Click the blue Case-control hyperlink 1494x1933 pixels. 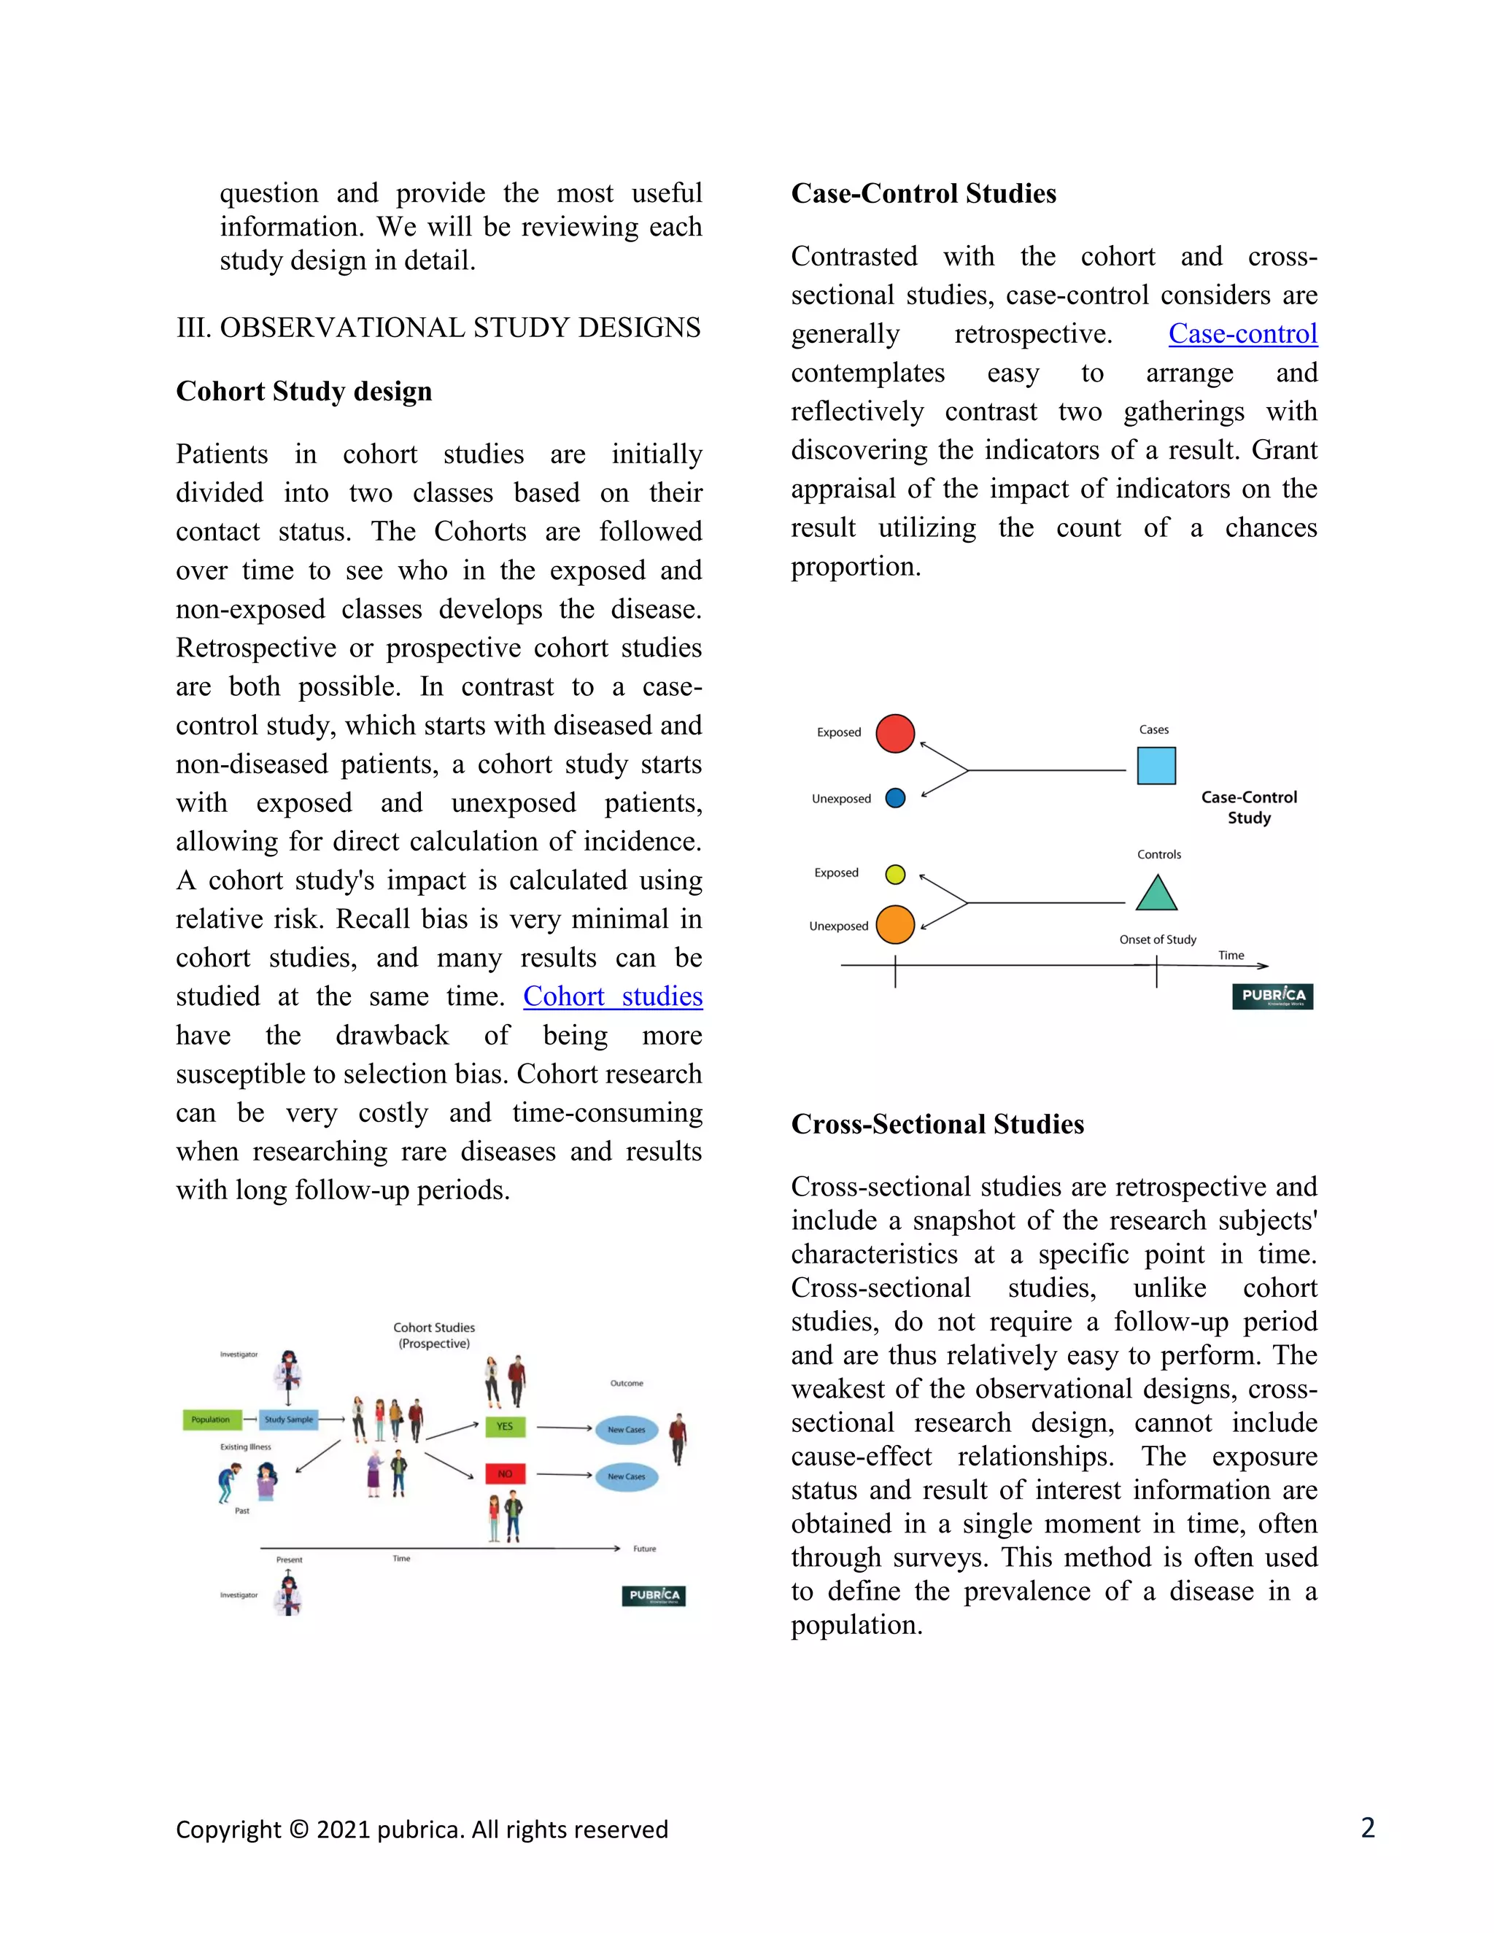coord(1242,333)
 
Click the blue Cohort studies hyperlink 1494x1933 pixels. coord(613,996)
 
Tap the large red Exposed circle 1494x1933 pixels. coord(895,734)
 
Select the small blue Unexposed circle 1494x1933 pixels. coord(896,798)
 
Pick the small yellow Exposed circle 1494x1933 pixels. coord(896,875)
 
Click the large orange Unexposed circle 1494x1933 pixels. coord(895,925)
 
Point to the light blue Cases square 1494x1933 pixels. coord(1156,766)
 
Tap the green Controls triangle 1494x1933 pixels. coord(1156,894)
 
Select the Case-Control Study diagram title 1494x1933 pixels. coord(1249,807)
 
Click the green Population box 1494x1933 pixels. coord(211,1419)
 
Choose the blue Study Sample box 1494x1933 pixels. coord(289,1419)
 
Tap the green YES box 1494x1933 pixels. coord(505,1427)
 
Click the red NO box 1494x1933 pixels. coord(505,1473)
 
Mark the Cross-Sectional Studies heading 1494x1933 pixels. coord(937,1124)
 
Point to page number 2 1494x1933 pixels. coord(1368,1828)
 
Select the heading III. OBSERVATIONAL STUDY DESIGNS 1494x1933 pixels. coord(438,328)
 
